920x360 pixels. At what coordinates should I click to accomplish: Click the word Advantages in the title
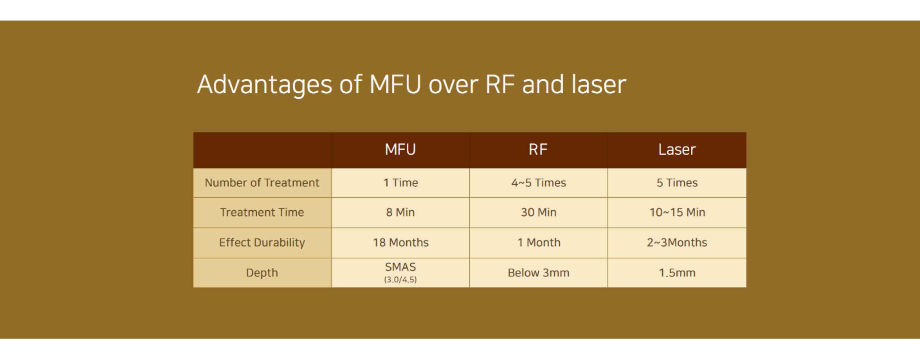click(265, 85)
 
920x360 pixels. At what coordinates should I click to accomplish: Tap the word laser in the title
click(599, 84)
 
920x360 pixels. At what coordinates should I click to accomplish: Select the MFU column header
click(401, 150)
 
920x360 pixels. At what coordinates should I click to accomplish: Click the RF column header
click(538, 150)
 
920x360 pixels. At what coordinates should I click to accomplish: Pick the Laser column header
click(677, 150)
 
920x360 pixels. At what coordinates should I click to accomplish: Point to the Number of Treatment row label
click(262, 183)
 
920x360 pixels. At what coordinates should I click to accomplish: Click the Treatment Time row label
click(262, 213)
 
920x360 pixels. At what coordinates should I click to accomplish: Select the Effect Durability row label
click(262, 243)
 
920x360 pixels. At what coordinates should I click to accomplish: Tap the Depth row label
click(262, 273)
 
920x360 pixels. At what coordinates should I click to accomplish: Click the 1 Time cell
click(401, 183)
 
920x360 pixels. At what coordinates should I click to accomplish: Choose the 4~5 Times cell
click(539, 183)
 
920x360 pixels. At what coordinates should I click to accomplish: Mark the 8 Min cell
click(401, 213)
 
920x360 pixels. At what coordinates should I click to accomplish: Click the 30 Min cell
click(539, 213)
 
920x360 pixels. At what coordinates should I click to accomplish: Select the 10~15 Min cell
click(677, 213)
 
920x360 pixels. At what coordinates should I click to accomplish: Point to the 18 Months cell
click(401, 243)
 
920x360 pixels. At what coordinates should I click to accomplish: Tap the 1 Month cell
click(539, 243)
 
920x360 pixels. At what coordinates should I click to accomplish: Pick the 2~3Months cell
click(677, 243)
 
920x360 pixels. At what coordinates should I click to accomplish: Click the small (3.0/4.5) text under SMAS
click(401, 280)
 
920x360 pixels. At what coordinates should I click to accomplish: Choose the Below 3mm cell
click(539, 273)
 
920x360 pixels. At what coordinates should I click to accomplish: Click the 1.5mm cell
click(677, 273)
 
